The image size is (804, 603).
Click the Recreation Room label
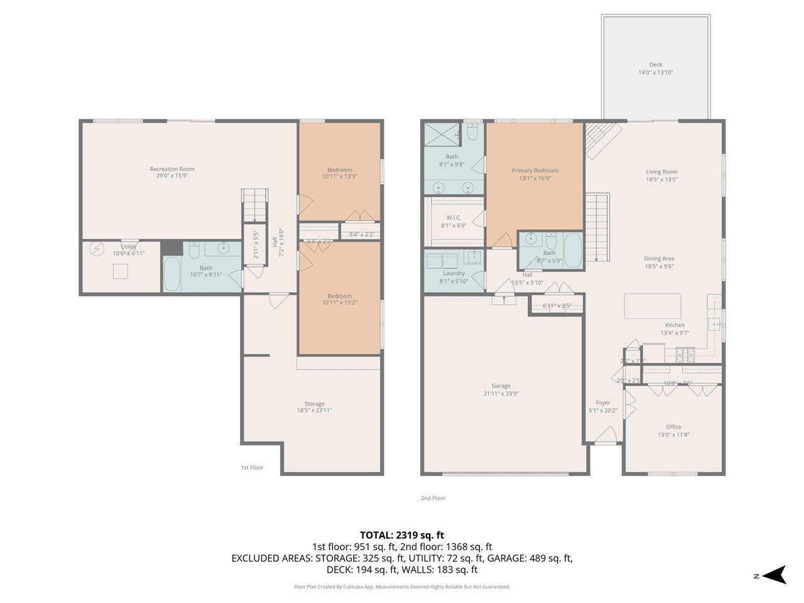(172, 169)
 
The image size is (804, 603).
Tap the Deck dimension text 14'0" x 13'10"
(656, 72)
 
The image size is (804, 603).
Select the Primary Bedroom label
(535, 170)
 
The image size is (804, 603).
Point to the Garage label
(501, 386)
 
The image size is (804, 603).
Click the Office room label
(673, 427)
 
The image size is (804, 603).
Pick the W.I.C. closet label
(454, 217)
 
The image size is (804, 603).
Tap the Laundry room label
(454, 273)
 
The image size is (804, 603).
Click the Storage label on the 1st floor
(314, 404)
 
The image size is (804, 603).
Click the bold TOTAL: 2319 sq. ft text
(402, 535)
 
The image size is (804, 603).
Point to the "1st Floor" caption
(252, 467)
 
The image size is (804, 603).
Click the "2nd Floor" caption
(433, 498)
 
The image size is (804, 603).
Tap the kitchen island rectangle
(652, 306)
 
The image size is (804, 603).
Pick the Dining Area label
(659, 258)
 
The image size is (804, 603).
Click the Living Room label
(661, 171)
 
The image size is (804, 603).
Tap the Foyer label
(603, 403)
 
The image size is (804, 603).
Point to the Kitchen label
(675, 325)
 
